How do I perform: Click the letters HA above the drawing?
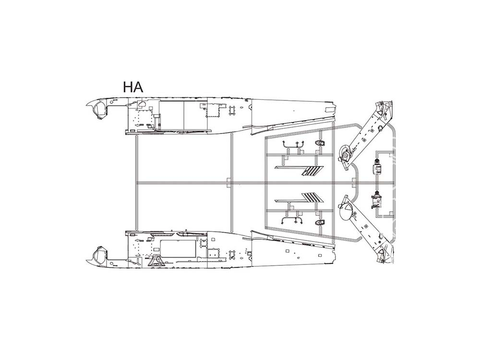click(133, 87)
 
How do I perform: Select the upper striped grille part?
click(312, 171)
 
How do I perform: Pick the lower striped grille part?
click(312, 197)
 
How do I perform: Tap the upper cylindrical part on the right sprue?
click(376, 167)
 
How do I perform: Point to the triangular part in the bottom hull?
click(156, 260)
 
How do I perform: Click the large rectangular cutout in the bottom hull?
click(178, 249)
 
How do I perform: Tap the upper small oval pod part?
click(320, 143)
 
